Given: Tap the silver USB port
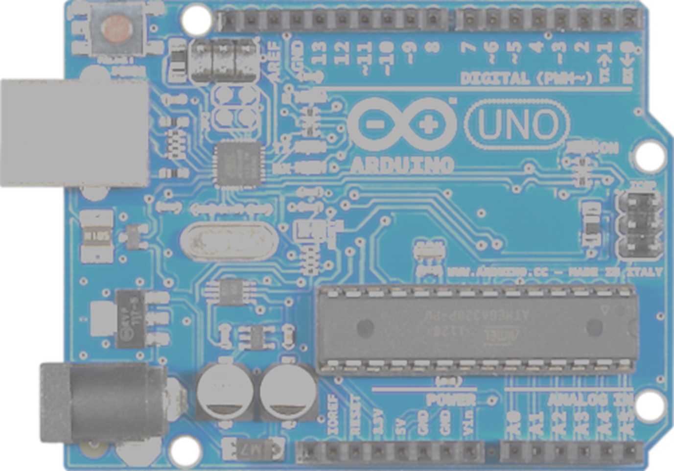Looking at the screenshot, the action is click(73, 133).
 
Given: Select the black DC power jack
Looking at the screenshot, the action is click(103, 403).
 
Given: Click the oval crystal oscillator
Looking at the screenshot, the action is click(225, 241).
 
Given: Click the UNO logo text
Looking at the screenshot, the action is click(517, 124).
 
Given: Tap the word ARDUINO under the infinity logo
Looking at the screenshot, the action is click(402, 165).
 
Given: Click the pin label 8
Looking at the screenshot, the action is click(433, 48).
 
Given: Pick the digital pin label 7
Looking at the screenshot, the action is click(468, 48).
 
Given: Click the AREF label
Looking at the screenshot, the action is click(275, 61).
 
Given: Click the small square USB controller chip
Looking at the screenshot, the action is click(239, 164).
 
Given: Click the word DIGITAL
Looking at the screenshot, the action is click(495, 78).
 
